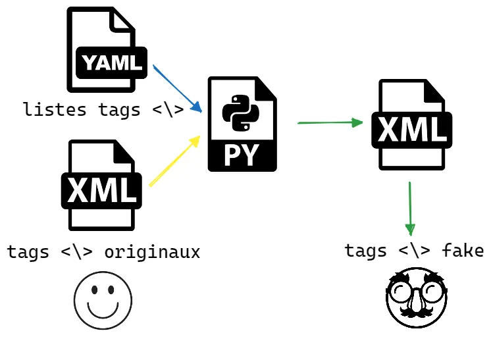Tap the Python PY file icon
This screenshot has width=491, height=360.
pyautogui.click(x=242, y=124)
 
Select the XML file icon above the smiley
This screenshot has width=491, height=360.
pyautogui.click(x=101, y=185)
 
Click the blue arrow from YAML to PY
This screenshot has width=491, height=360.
pyautogui.click(x=176, y=88)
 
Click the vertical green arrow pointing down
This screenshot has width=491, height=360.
pyautogui.click(x=410, y=208)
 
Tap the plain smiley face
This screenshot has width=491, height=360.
pyautogui.click(x=103, y=300)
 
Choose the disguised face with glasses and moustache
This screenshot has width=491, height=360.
pyautogui.click(x=417, y=297)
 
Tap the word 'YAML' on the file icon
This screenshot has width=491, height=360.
pyautogui.click(x=112, y=63)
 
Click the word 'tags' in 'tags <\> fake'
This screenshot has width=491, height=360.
pyautogui.click(x=365, y=251)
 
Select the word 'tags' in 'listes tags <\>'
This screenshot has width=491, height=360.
pyautogui.click(x=119, y=109)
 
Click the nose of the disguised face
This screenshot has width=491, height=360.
pyautogui.click(x=416, y=302)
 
